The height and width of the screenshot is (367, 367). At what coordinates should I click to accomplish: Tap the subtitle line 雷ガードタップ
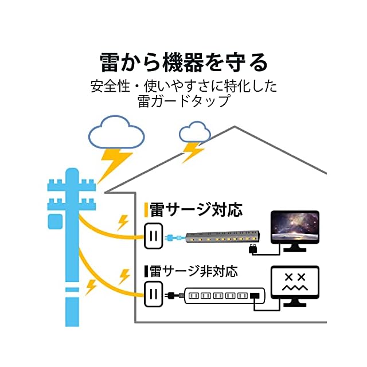point(183,101)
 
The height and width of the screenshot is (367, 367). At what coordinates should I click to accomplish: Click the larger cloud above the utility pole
point(116,133)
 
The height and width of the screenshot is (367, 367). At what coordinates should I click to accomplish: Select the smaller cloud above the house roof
point(195,133)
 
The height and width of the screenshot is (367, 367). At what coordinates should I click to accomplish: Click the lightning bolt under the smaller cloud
point(193,152)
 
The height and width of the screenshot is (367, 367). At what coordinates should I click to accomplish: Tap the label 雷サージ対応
point(196,208)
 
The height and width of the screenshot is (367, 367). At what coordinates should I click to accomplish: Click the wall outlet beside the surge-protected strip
point(153,235)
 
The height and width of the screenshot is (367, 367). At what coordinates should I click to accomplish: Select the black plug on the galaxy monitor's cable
point(252,249)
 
